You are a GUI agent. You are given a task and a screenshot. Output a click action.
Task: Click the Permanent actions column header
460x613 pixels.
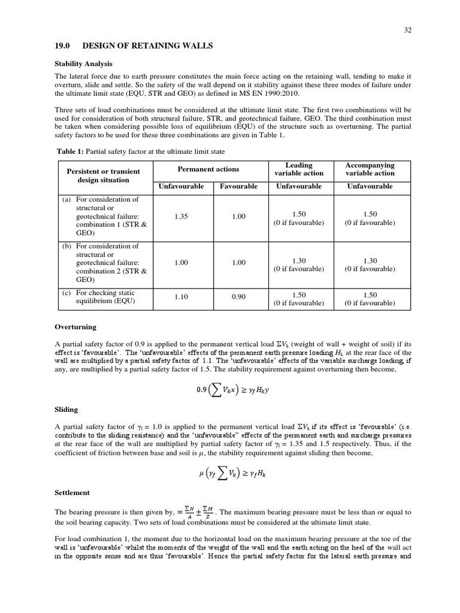coord(208,169)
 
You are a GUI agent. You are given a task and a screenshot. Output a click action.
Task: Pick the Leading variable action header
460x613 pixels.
coord(299,169)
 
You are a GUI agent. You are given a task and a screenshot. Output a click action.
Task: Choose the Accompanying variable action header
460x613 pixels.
coord(370,169)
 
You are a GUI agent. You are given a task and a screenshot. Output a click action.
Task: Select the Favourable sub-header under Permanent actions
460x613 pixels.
coord(238,186)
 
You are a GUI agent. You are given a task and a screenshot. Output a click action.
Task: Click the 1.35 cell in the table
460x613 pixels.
coord(181,216)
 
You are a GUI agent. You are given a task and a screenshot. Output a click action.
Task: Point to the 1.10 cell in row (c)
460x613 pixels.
coord(181,296)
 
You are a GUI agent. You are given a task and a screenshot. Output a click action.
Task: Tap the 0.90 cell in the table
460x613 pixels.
coord(238,296)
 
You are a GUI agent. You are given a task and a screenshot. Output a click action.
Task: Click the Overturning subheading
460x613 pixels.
coord(75,327)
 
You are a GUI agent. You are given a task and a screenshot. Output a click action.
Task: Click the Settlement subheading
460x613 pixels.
coord(72,492)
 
